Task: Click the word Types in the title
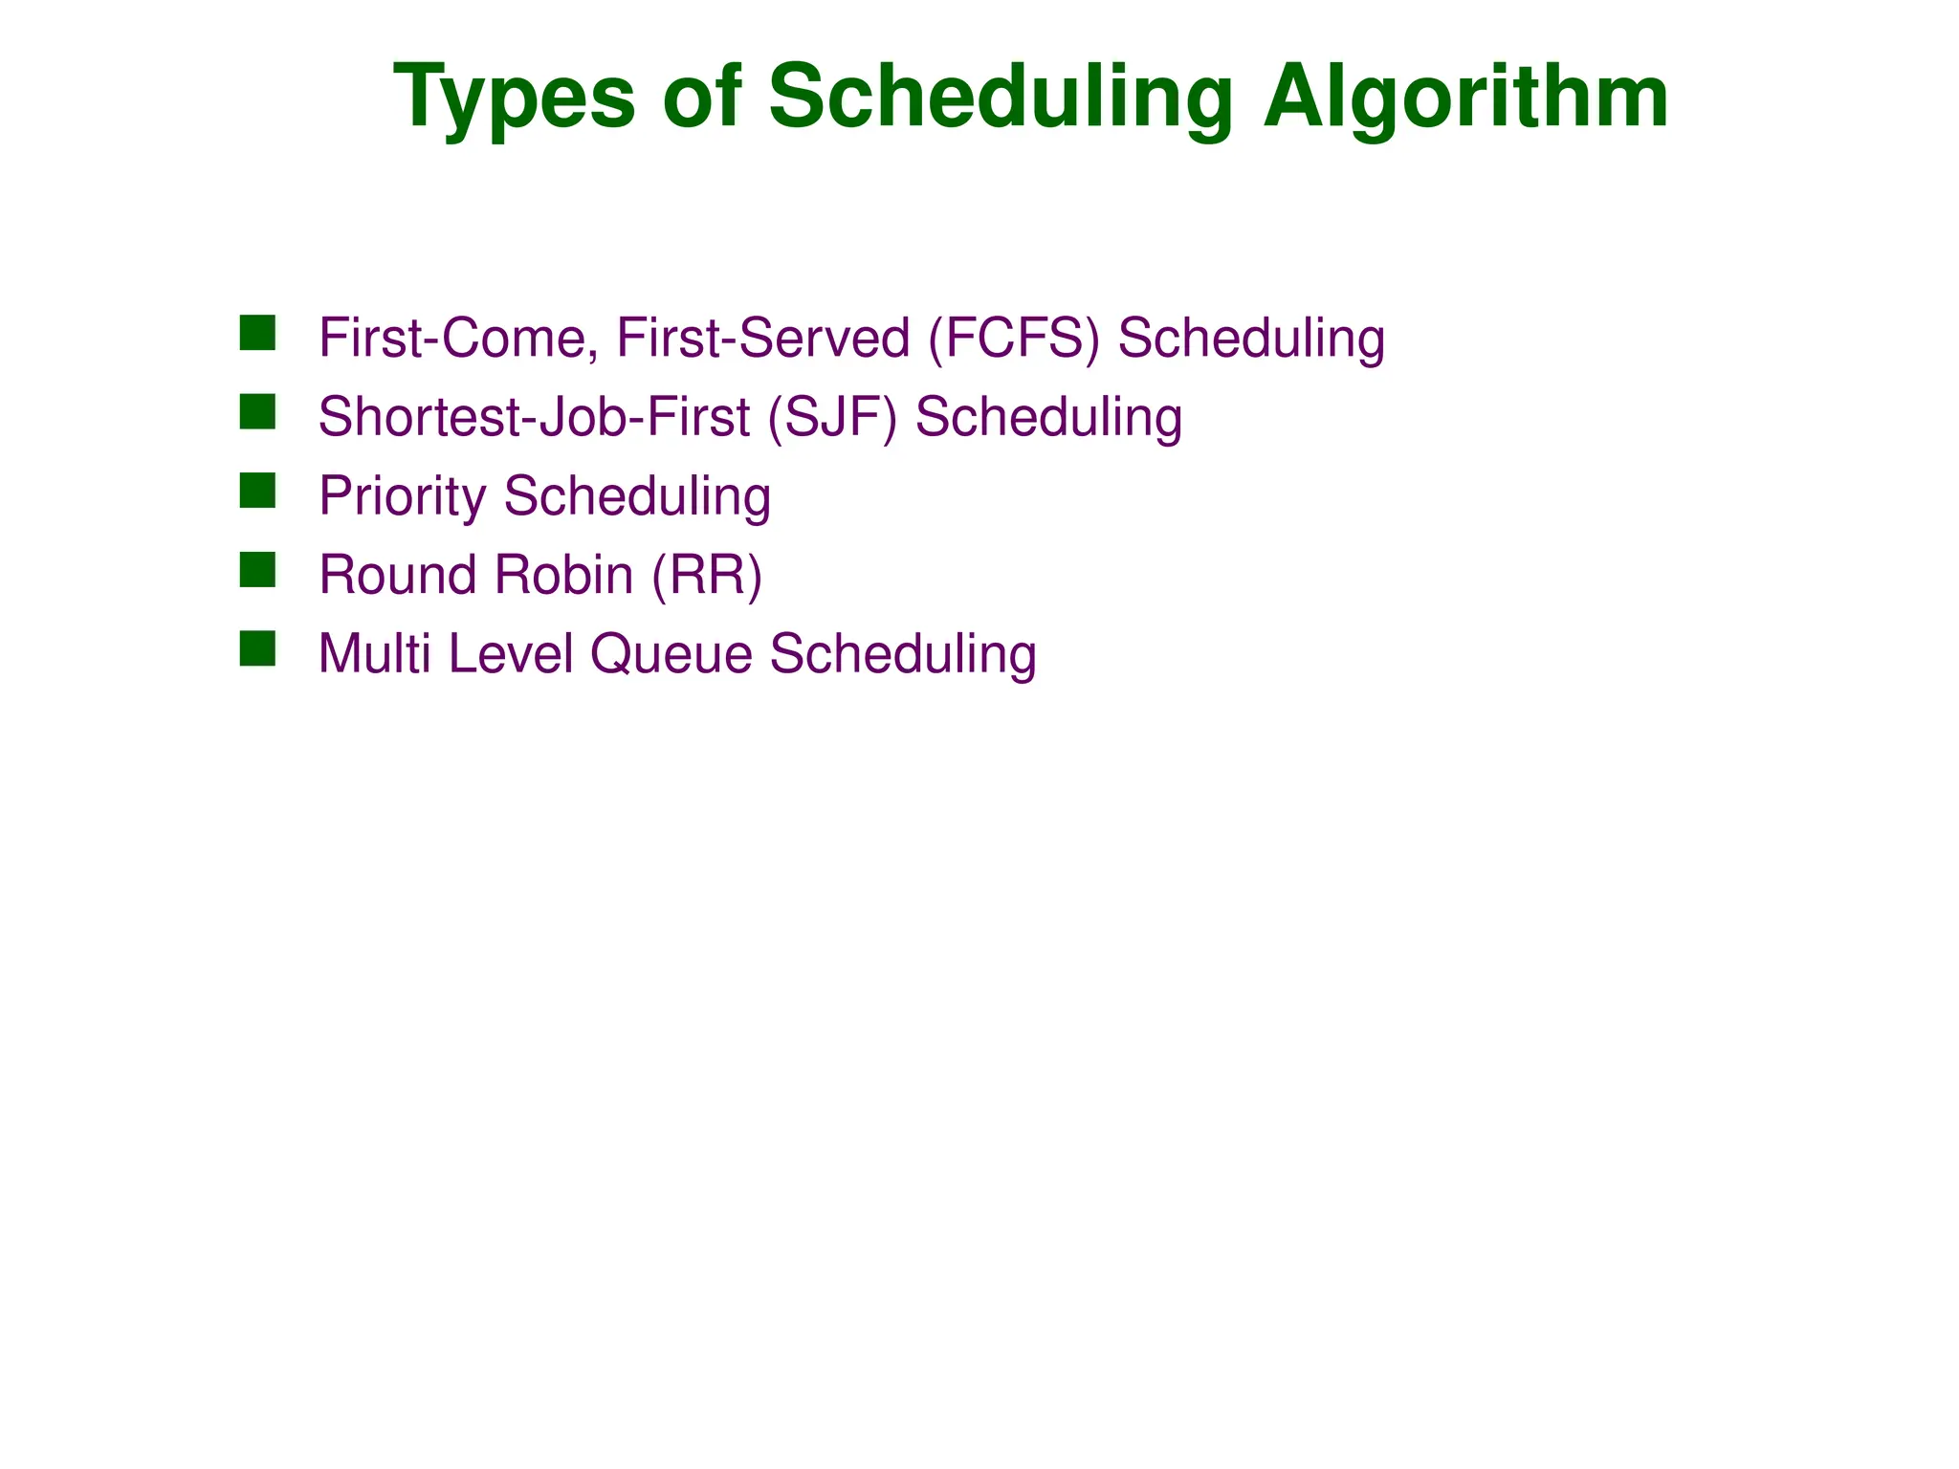pos(514,99)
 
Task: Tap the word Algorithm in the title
pos(1465,99)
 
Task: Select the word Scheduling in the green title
pos(1001,99)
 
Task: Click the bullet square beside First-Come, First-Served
pos(257,333)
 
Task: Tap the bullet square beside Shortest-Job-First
pos(257,412)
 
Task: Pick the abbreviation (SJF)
pos(832,418)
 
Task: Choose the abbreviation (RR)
pos(707,576)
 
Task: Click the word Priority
pos(403,497)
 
